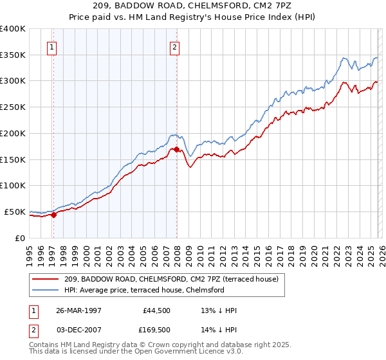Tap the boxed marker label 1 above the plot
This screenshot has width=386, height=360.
pyautogui.click(x=51, y=46)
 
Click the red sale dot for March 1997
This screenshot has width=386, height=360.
pyautogui.click(x=54, y=215)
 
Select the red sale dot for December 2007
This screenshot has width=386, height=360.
pyautogui.click(x=176, y=149)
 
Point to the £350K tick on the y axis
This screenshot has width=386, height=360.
pyautogui.click(x=13, y=55)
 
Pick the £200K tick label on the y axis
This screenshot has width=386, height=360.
pyautogui.click(x=13, y=134)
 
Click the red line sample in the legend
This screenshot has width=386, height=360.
pyautogui.click(x=46, y=279)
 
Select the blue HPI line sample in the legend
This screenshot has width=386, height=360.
pyautogui.click(x=46, y=290)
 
